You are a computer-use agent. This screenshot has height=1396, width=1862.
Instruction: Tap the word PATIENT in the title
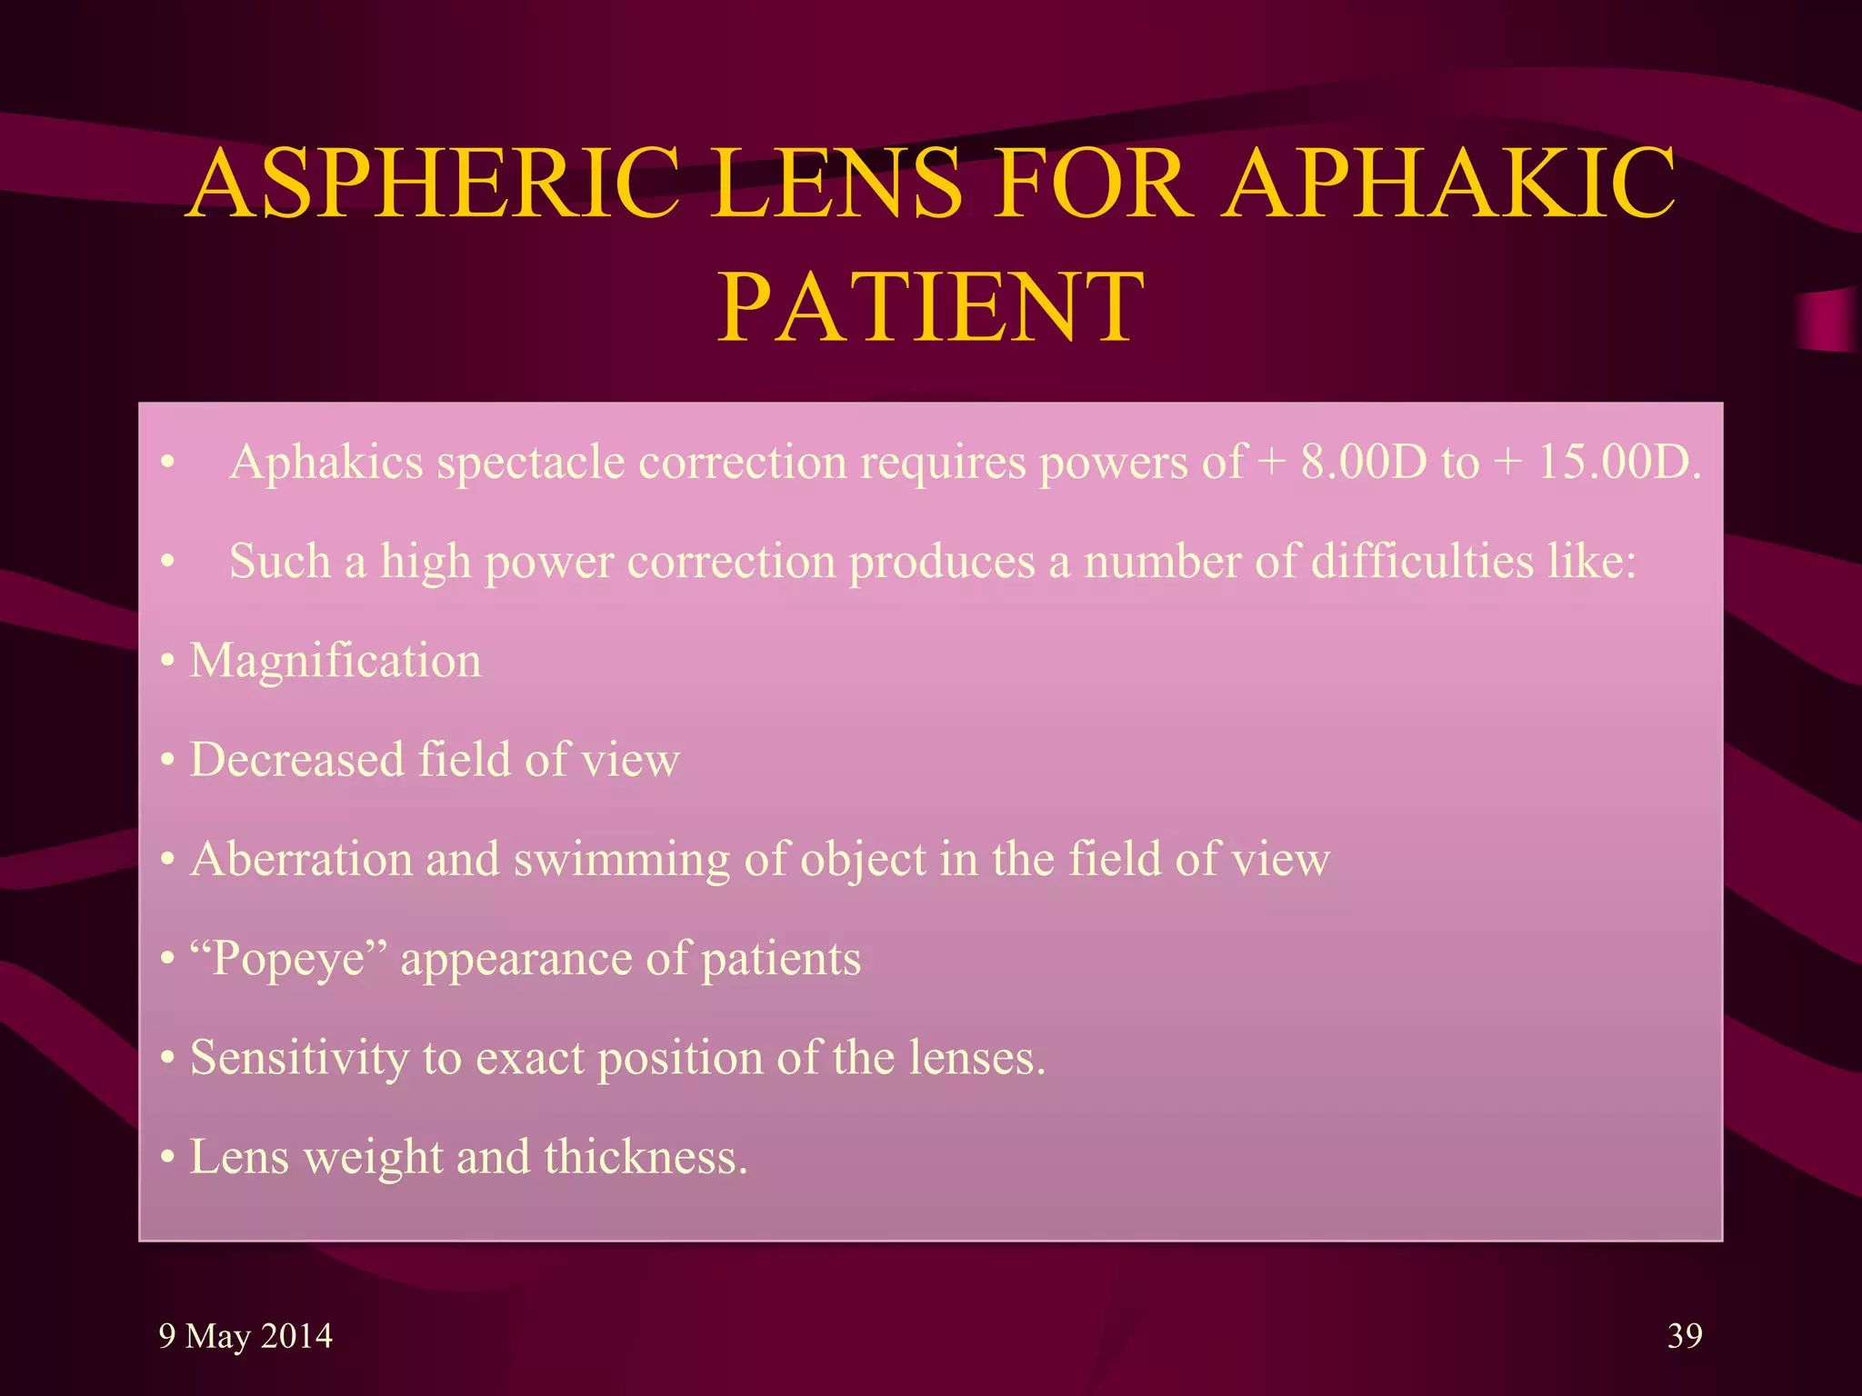(x=930, y=309)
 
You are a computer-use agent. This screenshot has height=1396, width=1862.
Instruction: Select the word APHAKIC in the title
(x=1448, y=184)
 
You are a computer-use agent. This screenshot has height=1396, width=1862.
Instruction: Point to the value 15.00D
(x=1619, y=463)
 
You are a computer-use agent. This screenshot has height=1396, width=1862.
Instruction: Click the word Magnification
(x=335, y=661)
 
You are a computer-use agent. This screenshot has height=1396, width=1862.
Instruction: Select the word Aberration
(x=301, y=859)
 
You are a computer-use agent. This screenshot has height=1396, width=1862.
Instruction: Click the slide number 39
(x=1685, y=1335)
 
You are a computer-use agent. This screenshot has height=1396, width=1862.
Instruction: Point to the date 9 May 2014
(x=245, y=1336)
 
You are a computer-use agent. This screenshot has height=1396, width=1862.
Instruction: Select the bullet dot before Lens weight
(x=167, y=1159)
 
